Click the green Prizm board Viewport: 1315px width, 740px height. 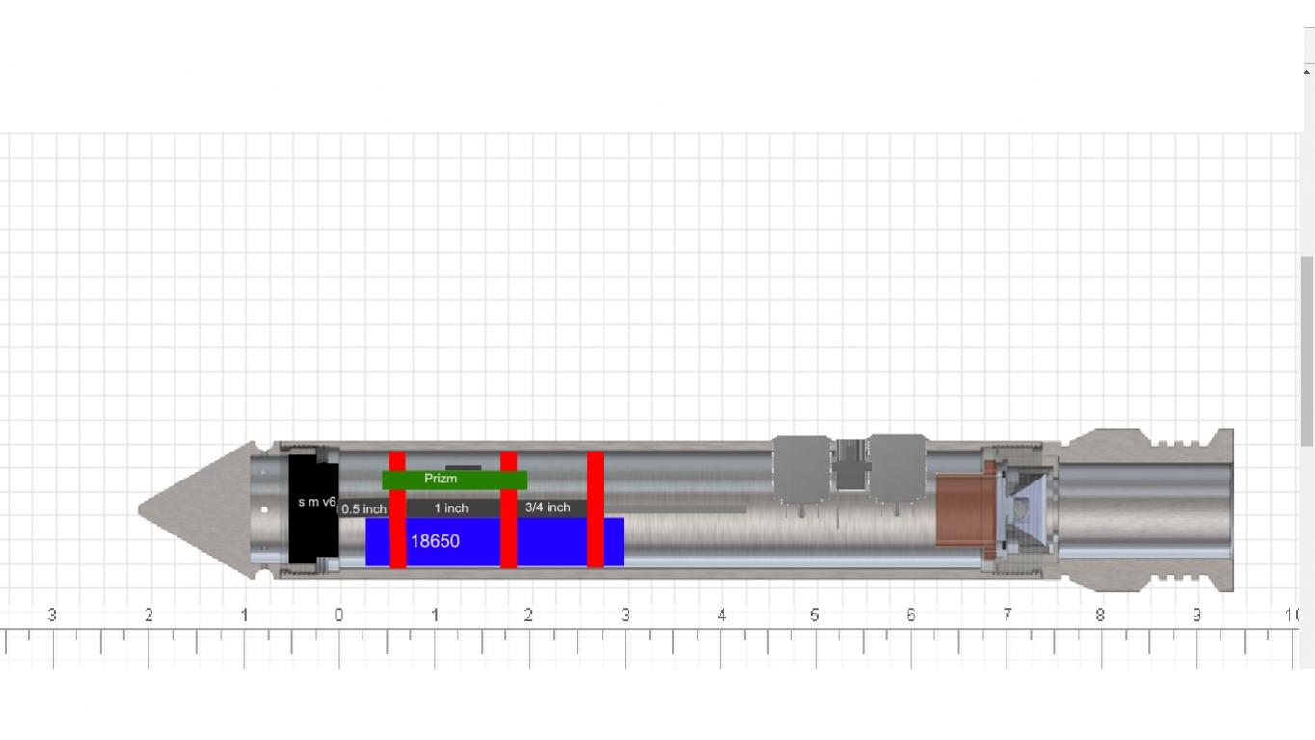pos(454,479)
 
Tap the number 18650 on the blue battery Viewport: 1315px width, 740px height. pos(435,541)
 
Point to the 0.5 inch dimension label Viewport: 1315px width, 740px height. pos(363,509)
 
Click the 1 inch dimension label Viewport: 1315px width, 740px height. pos(450,508)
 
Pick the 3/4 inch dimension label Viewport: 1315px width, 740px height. pos(548,507)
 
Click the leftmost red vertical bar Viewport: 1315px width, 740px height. pos(397,509)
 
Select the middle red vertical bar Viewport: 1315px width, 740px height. pos(508,509)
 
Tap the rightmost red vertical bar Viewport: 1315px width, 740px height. pos(595,509)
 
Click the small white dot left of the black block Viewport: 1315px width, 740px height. pos(264,509)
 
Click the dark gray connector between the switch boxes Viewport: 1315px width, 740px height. pos(849,473)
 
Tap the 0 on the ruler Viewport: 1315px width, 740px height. pos(338,616)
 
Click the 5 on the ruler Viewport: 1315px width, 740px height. pos(815,616)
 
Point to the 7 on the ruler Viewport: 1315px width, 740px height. pos(1006,616)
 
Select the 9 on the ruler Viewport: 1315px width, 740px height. pos(1196,616)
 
